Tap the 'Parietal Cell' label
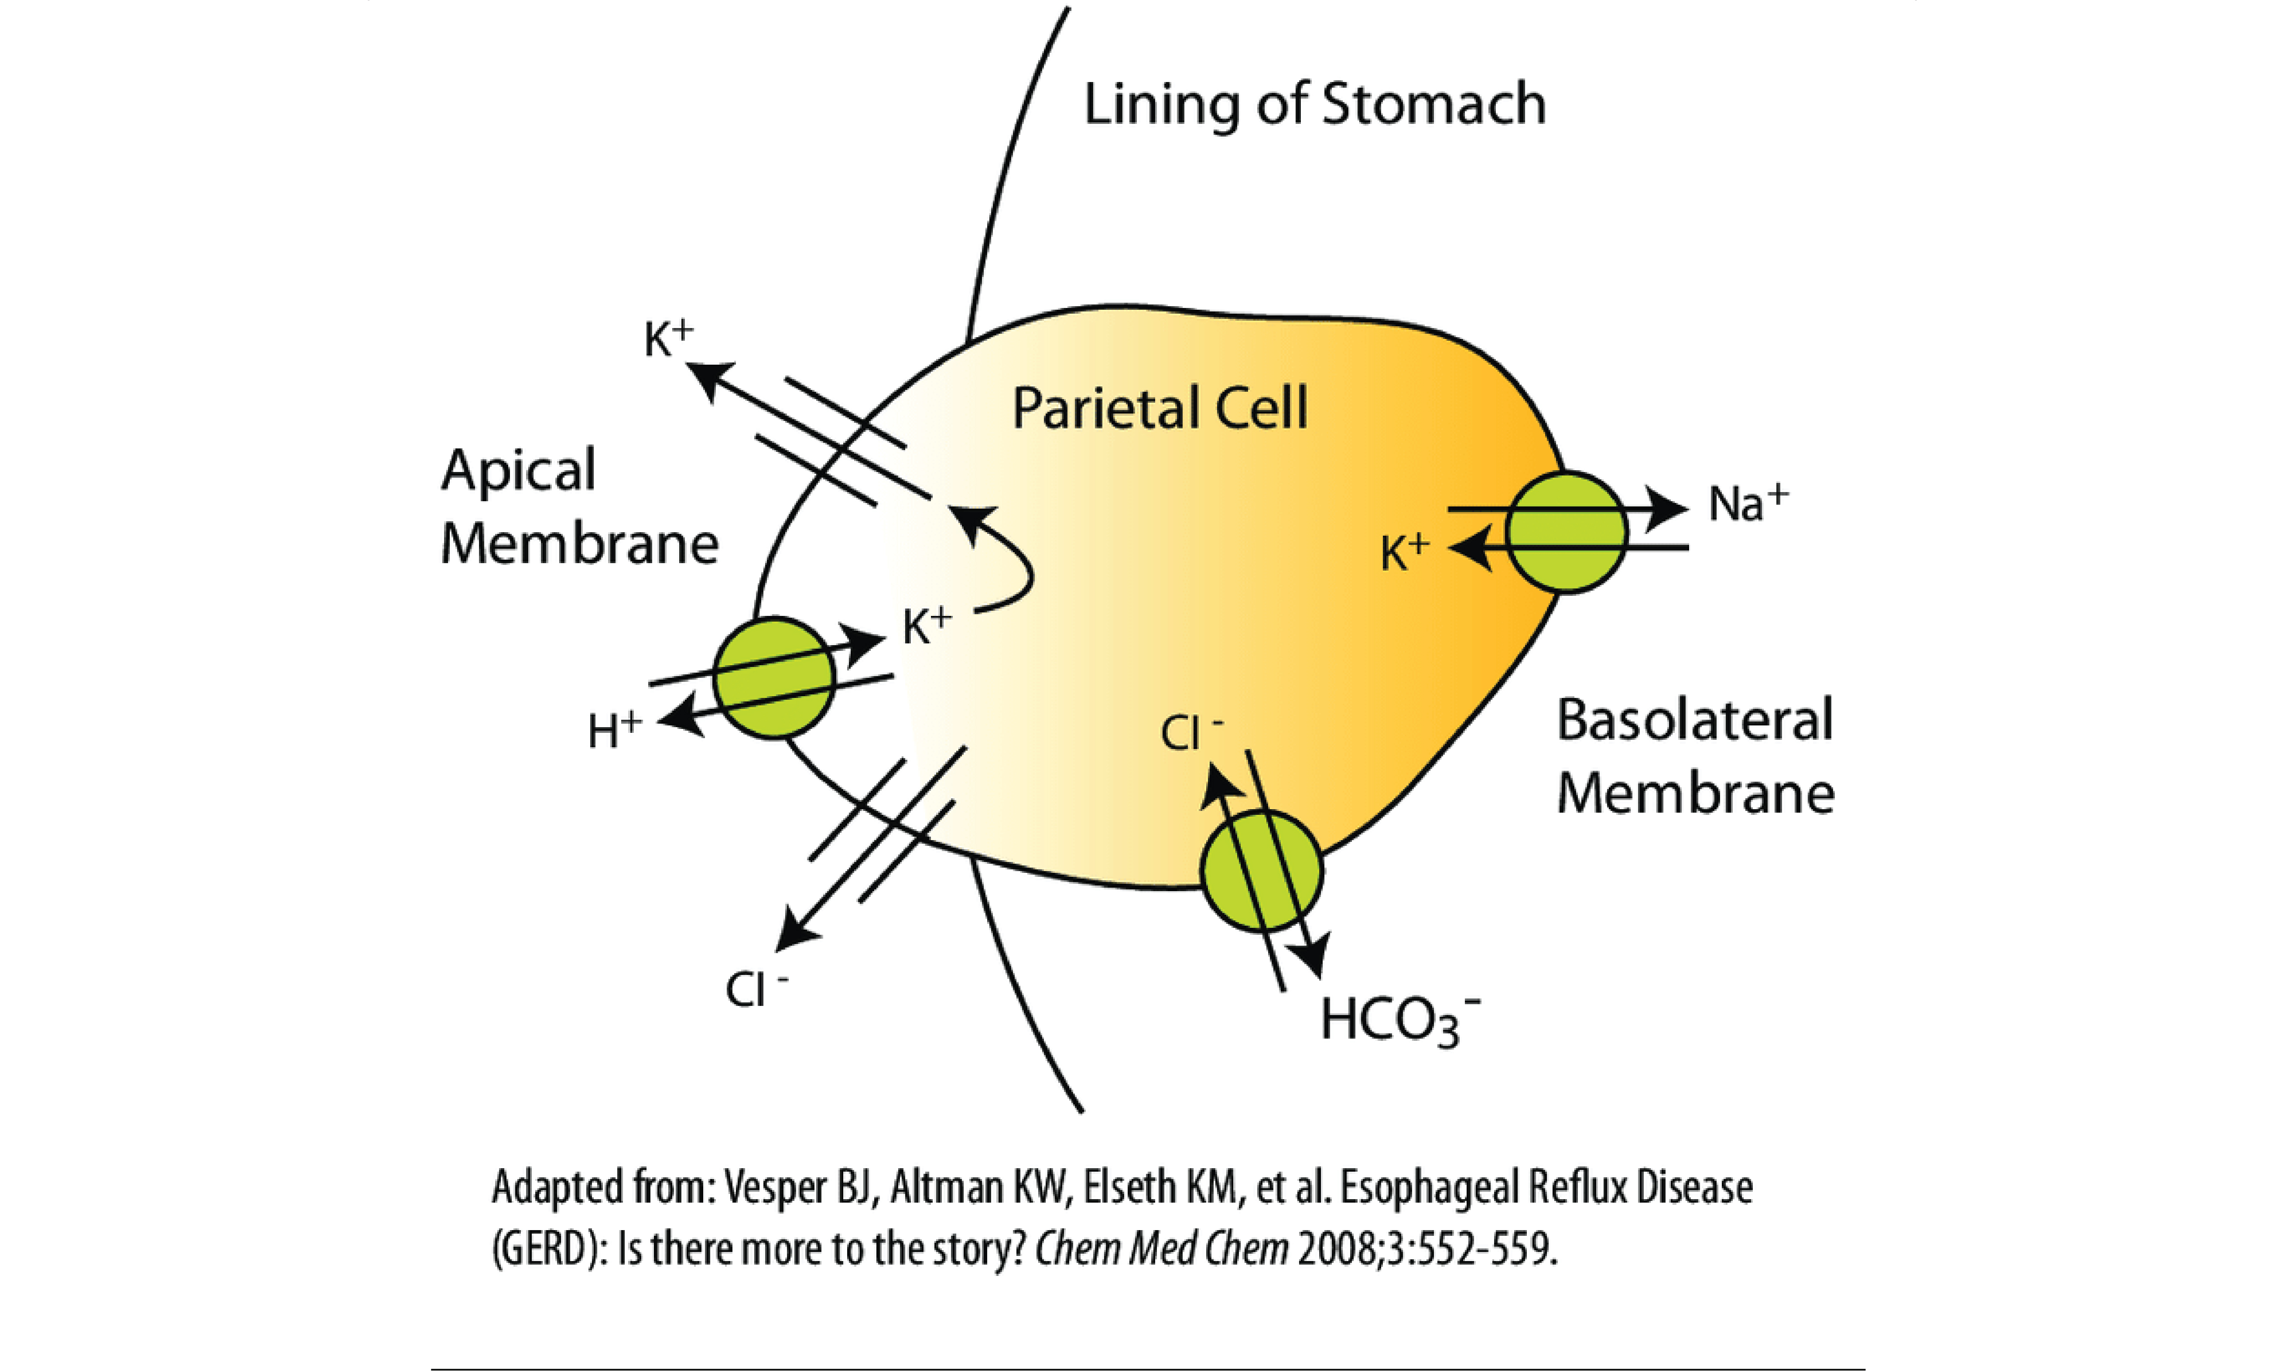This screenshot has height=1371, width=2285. point(1160,408)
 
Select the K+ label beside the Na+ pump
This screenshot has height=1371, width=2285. point(1404,553)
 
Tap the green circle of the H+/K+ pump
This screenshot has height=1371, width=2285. point(774,677)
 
